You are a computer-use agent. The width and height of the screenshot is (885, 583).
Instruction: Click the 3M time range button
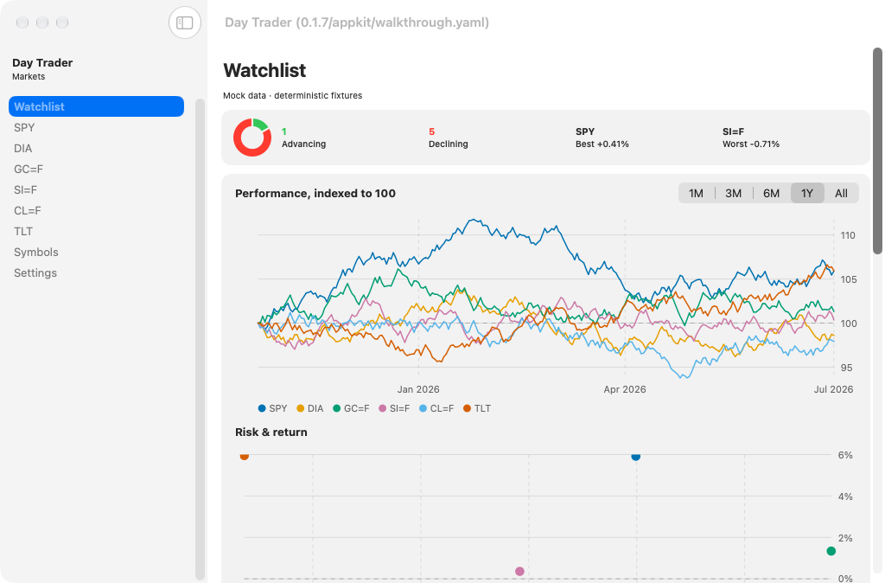(733, 193)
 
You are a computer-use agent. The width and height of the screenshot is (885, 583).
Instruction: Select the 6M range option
(771, 193)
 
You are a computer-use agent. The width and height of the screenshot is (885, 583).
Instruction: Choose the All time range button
(841, 193)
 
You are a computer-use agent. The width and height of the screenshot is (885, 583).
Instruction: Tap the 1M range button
(696, 193)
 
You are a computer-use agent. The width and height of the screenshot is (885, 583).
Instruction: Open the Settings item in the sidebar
(35, 272)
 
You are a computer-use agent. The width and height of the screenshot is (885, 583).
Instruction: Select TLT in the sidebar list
(23, 231)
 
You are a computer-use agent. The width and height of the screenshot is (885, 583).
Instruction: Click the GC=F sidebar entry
(29, 169)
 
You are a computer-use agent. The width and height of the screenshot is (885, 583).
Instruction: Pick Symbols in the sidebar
(36, 252)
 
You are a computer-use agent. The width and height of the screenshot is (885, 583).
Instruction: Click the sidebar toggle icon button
(185, 22)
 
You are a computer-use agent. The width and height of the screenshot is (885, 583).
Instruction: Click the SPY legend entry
(272, 408)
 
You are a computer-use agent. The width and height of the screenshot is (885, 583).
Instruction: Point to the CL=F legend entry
(436, 408)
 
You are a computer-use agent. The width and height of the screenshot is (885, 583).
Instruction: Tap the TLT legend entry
(477, 408)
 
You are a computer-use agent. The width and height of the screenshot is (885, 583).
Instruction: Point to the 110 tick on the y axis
(848, 235)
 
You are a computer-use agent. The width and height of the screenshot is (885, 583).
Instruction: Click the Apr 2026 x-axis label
(625, 389)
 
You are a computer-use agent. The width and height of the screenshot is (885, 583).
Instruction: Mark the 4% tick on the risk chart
(845, 497)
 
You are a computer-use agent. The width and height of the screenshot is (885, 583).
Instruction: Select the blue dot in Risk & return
(635, 456)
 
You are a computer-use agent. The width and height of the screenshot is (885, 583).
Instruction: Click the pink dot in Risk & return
(519, 571)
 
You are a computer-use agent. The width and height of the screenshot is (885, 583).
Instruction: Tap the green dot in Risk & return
(831, 551)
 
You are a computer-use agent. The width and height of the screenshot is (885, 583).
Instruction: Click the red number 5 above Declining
(432, 131)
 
